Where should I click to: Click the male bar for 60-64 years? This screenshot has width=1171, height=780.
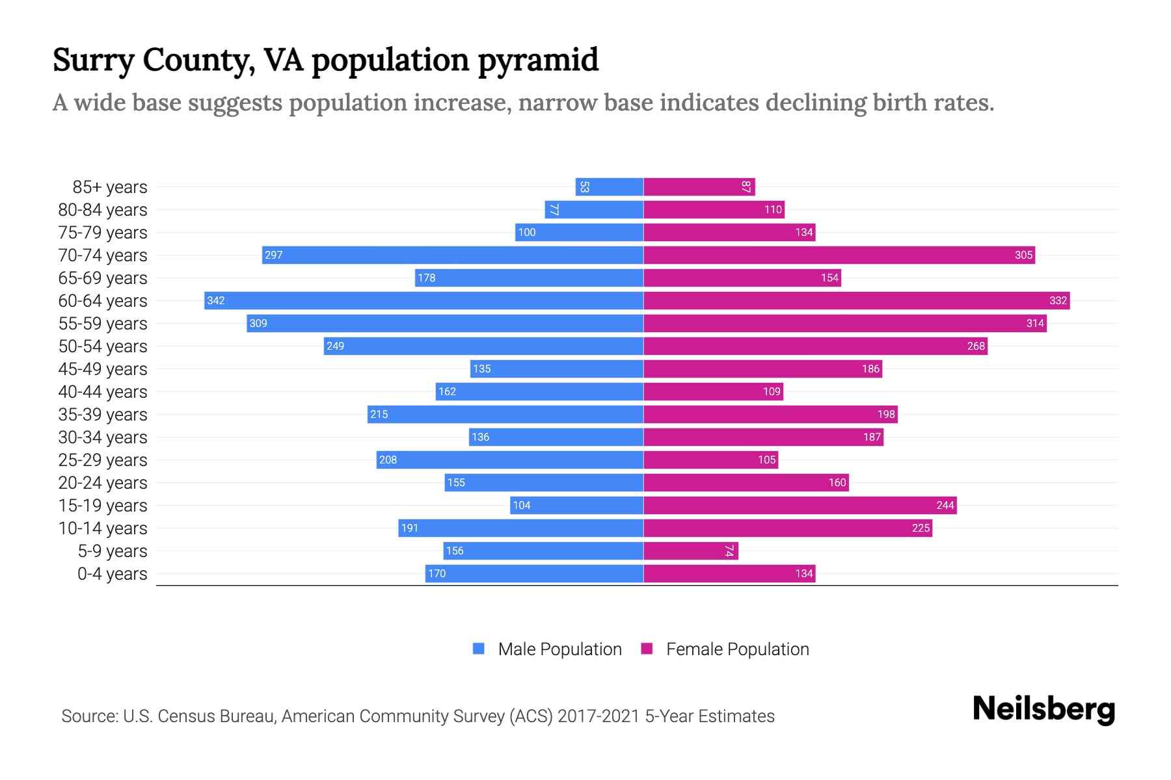coord(424,300)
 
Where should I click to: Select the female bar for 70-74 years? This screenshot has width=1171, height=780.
coord(839,255)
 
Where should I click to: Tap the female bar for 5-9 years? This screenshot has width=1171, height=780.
coord(691,551)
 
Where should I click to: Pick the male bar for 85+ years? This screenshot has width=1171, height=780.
coord(610,187)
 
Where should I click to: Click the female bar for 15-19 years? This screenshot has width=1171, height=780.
coord(800,505)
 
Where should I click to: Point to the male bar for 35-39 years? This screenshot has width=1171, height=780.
coord(505,414)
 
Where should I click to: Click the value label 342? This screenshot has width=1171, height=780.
coord(216,300)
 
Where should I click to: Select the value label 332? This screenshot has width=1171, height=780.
coord(1058,300)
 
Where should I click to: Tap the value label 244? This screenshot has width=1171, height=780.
coord(945,505)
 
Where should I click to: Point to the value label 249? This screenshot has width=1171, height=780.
coord(335,346)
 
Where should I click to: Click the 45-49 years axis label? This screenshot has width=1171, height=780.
coord(103,369)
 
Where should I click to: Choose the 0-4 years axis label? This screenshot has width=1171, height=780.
coord(112,574)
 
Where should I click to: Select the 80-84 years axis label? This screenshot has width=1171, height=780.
coord(103,210)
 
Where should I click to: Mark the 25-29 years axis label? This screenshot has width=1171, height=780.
coord(103,460)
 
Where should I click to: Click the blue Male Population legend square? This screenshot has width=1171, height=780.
coord(479,649)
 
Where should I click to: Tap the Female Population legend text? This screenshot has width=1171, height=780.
coord(737,649)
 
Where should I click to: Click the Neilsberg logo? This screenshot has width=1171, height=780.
coord(1043,709)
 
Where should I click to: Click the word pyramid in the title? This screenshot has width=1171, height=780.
coord(538,60)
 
